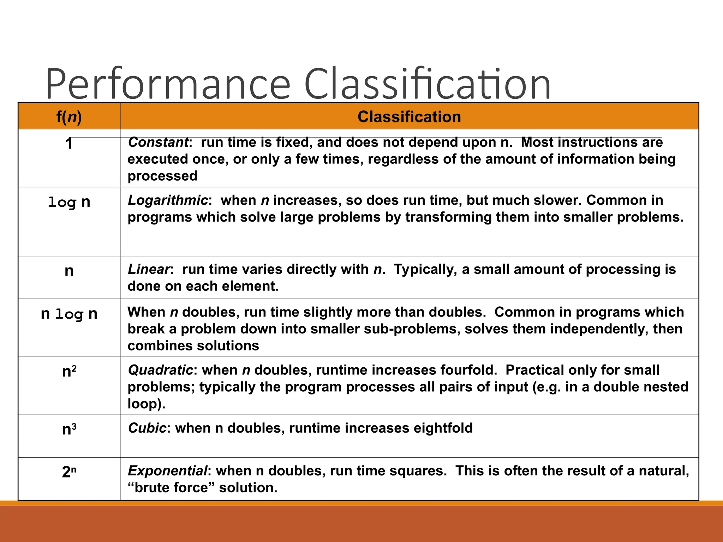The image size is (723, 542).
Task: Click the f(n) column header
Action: (69, 117)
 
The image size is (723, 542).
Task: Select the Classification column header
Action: (409, 117)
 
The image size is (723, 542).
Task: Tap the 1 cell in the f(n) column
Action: (69, 144)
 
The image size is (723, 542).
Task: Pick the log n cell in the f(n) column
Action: (69, 202)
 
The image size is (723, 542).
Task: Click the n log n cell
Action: (69, 314)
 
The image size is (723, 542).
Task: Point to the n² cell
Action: (69, 372)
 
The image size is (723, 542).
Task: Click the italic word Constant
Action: (158, 142)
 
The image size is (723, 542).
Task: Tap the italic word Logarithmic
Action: (168, 200)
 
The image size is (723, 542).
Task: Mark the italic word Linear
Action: (149, 269)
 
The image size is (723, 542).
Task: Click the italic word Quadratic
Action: (160, 370)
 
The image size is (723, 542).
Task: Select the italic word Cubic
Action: (147, 428)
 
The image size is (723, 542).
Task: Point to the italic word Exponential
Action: (167, 471)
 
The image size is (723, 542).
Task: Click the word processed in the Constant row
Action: (162, 176)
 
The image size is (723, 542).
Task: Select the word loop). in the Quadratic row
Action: (147, 404)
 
